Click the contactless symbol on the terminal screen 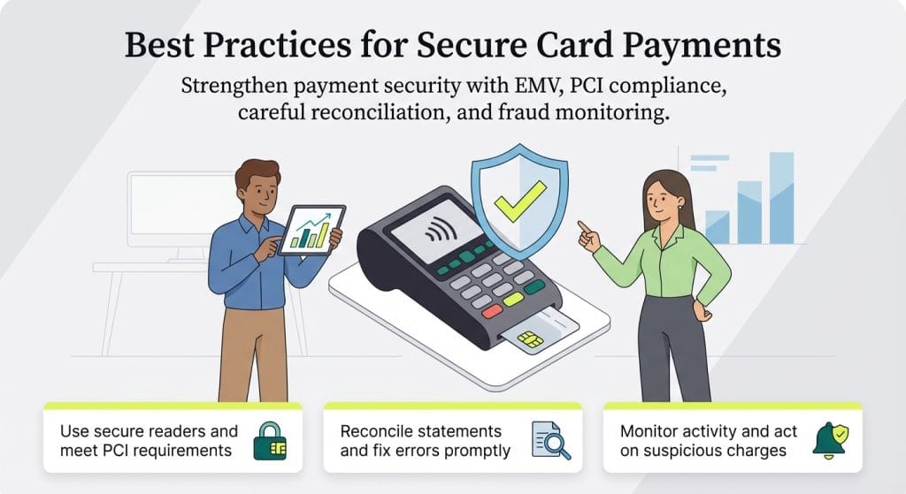(x=434, y=234)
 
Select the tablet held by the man (x=312, y=230)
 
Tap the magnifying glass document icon (x=547, y=440)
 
